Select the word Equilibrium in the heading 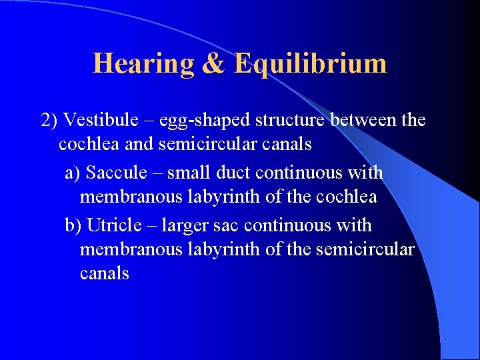click(311, 64)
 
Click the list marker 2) click(50, 120)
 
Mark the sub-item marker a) click(73, 172)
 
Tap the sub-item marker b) click(73, 225)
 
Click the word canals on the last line click(104, 273)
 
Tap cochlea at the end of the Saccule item click(350, 197)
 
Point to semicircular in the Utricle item click(365, 249)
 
